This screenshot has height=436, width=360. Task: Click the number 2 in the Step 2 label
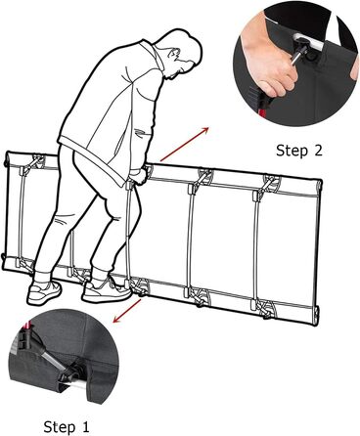[x=317, y=151]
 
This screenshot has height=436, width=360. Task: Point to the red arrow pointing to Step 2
[x=184, y=145]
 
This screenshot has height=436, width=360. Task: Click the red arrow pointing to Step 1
[x=127, y=311]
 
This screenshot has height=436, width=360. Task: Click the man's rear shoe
[x=44, y=292]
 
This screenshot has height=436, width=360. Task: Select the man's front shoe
[x=106, y=290]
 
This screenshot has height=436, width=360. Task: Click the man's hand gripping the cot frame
[x=139, y=177]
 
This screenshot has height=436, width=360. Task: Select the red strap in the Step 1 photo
[x=26, y=326]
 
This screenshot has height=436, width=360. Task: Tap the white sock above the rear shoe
[x=42, y=278]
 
